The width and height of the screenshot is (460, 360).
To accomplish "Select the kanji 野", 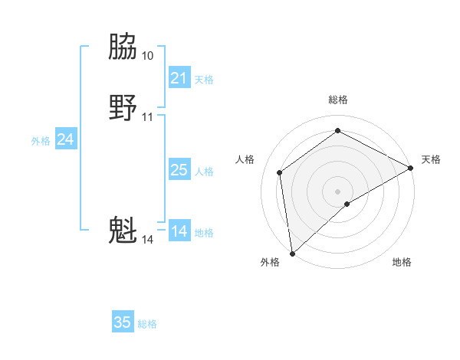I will click(123, 106).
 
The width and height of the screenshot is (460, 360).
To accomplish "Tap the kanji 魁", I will click(123, 230).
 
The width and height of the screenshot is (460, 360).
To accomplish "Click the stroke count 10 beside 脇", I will click(147, 56).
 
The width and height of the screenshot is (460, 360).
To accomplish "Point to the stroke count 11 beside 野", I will click(147, 117).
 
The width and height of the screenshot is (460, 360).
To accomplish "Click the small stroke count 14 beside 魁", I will click(147, 240).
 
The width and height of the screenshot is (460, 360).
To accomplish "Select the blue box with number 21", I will click(179, 78).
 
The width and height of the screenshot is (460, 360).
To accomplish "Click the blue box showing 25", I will click(179, 170).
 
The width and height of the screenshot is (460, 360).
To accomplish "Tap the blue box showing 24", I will click(66, 139).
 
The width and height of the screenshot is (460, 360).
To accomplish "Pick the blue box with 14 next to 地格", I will click(179, 231).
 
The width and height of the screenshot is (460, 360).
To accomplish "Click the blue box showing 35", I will click(123, 322).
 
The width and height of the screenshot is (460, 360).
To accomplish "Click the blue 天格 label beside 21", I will click(204, 80).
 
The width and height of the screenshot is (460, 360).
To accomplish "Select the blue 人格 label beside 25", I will click(204, 172).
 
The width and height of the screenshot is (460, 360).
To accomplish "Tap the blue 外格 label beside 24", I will click(41, 141).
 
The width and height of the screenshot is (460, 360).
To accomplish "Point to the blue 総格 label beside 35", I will click(147, 324).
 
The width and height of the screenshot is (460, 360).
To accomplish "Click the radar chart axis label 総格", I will click(338, 100).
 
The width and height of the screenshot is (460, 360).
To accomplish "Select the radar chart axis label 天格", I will click(431, 159).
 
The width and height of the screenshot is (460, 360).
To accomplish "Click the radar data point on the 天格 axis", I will click(411, 169).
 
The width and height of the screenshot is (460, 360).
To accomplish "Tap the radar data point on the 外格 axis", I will click(292, 253).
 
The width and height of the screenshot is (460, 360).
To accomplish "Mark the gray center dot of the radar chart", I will click(338, 191).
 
